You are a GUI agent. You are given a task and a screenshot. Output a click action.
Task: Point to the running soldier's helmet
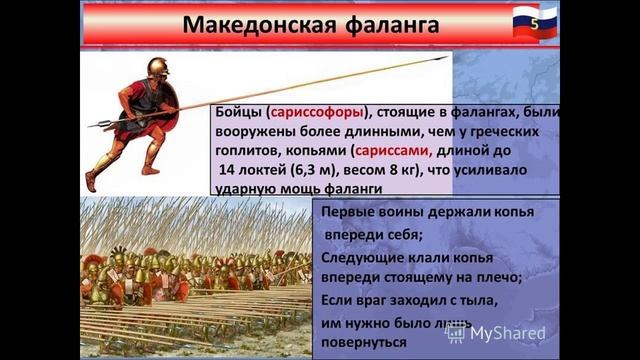(157, 67)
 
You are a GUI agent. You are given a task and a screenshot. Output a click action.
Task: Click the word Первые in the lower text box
(350, 213)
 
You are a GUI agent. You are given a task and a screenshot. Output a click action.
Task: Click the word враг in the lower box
(385, 298)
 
